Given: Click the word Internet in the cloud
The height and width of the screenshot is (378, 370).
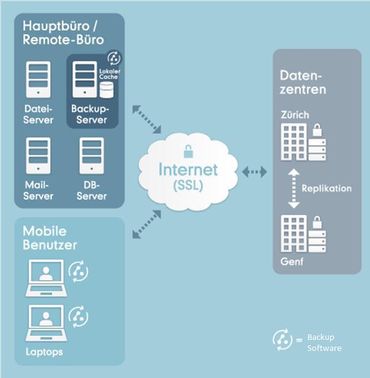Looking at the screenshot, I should click(188, 169).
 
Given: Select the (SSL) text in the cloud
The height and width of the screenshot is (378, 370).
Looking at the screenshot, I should click(188, 184).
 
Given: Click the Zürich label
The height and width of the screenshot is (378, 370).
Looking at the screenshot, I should click(294, 114).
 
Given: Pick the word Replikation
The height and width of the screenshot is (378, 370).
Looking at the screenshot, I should click(327, 189).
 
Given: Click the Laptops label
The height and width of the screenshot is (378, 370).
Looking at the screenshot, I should click(44, 352).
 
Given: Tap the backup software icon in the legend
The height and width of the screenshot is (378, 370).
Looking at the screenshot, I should click(281, 339).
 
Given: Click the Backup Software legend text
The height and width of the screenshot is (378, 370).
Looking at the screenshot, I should click(323, 343).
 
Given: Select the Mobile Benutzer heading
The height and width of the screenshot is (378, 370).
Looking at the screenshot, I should click(51, 237).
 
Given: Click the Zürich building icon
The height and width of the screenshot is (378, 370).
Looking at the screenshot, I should click(293, 142).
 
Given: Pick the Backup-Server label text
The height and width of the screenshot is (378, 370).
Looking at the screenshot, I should click(90, 114).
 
